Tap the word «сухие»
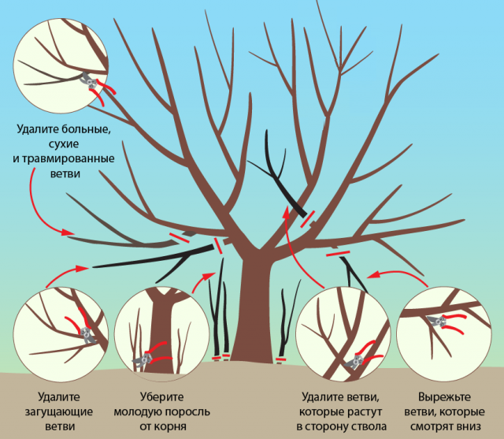tap(64, 144)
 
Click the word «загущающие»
tap(59, 412)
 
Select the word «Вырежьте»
tap(444, 397)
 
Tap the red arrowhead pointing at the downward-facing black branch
tap(372, 275)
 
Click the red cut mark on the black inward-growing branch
tap(308, 218)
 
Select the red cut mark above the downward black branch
tap(338, 254)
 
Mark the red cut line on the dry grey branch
tap(180, 238)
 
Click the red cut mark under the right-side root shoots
tap(280, 359)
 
